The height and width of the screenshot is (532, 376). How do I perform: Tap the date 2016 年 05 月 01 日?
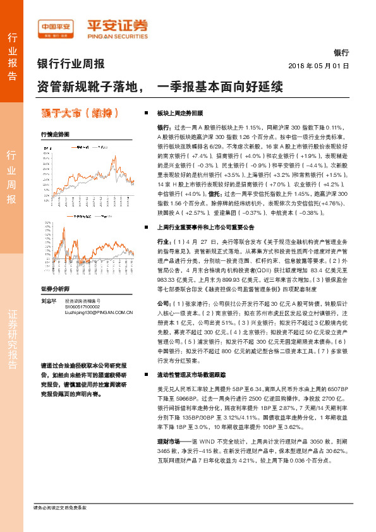318,65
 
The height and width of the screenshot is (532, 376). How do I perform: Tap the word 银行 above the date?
341,53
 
